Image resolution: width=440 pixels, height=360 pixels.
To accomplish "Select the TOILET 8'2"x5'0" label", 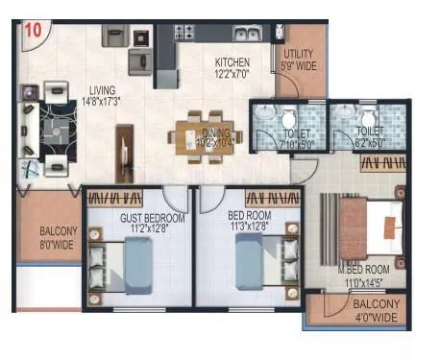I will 368,135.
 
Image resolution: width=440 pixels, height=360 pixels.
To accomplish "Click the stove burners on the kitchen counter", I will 183,34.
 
